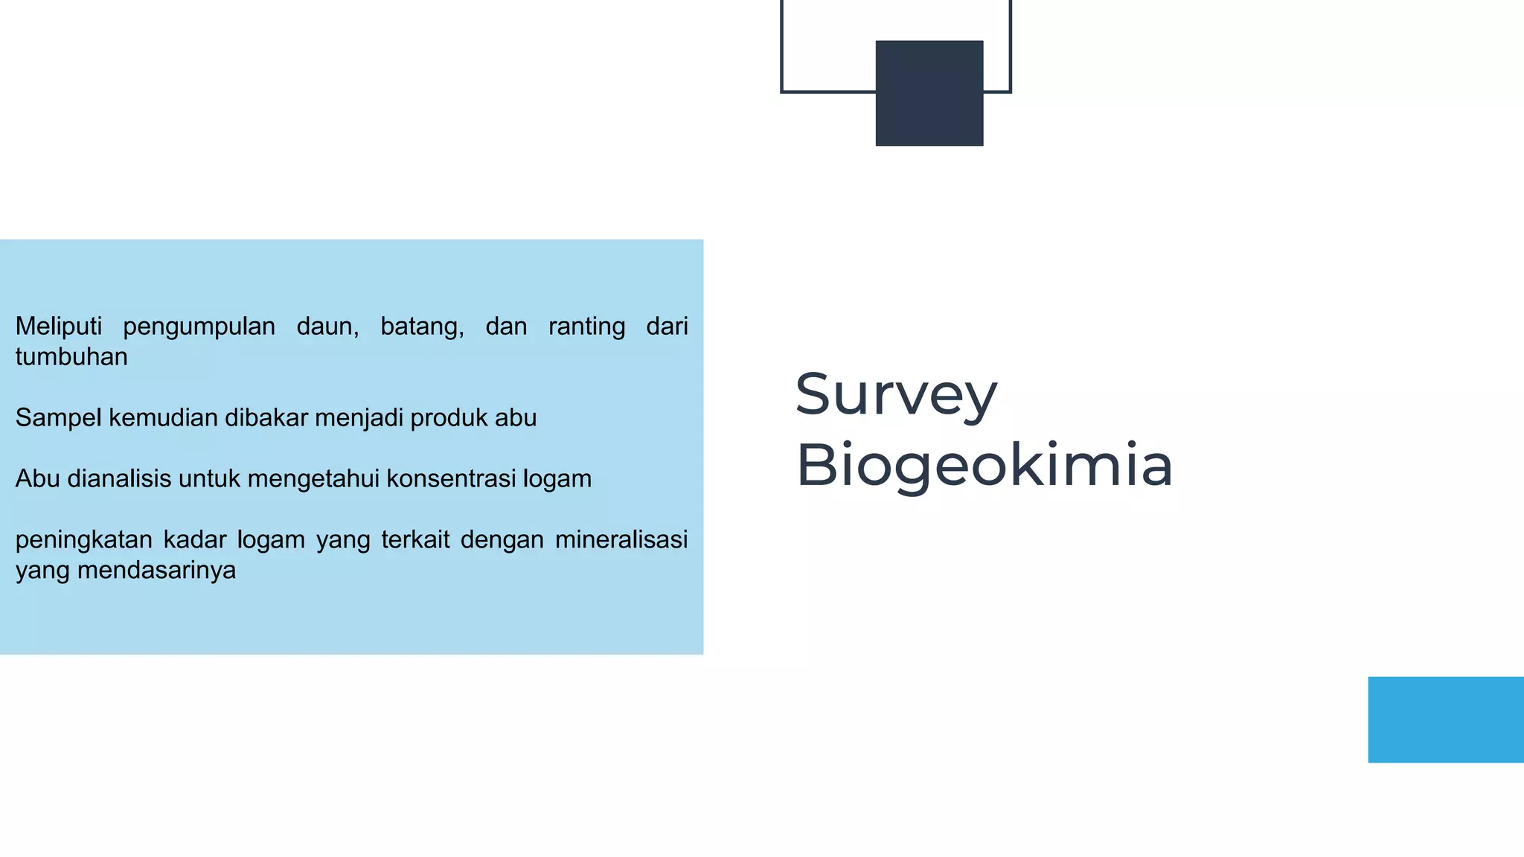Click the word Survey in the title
pos(895,395)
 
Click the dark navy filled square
pos(929,93)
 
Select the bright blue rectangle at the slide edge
pos(1445,719)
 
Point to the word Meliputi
pos(58,326)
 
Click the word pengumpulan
pos(199,327)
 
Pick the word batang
pos(422,327)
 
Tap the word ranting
pos(586,327)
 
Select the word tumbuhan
pos(71,357)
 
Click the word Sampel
pos(59,418)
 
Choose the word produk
pos(449,418)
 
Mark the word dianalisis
pos(119,478)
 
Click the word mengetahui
pos(313,479)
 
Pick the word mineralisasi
pos(621,539)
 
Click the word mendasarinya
pos(156,571)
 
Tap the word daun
pos(327,327)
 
